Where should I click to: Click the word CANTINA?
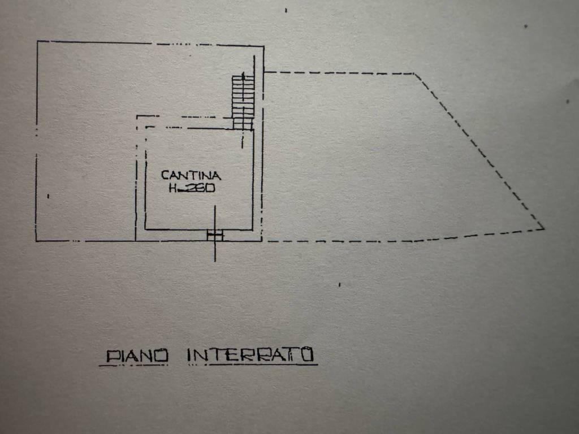coord(191,175)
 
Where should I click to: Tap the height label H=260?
coord(192,188)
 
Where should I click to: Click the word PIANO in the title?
coord(137,356)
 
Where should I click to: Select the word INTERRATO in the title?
coord(250,355)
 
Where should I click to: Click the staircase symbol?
coord(243,102)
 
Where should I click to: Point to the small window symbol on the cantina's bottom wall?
coord(215,235)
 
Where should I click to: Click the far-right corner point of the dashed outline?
coord(543,229)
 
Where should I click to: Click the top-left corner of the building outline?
coord(38,41)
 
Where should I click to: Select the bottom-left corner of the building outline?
coord(36,241)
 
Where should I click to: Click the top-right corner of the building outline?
coord(263,46)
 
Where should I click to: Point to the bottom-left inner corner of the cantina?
coord(145,229)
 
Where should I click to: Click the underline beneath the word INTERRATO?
coord(263,364)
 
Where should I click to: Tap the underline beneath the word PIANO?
coord(133,366)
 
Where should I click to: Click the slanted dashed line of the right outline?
coord(479,151)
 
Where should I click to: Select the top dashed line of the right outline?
coord(340,73)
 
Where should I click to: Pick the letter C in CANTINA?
coord(165,175)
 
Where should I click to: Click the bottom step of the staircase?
coord(243,126)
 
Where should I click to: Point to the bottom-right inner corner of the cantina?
coord(253,229)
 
